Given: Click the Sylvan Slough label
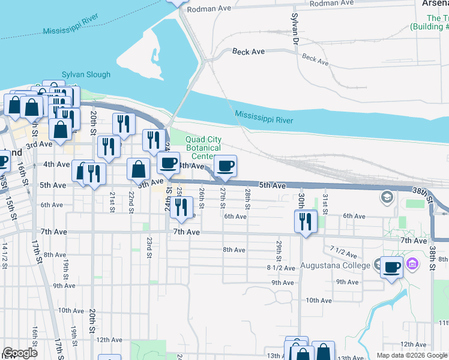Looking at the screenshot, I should pyautogui.click(x=86, y=75).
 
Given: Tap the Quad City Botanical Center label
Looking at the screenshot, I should pyautogui.click(x=203, y=148).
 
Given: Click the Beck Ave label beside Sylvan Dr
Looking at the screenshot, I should pyautogui.click(x=249, y=52).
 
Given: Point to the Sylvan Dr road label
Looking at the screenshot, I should pyautogui.click(x=295, y=31).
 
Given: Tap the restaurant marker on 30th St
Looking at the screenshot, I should pyautogui.click(x=306, y=221).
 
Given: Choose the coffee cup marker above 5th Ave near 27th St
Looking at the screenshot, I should pyautogui.click(x=225, y=166).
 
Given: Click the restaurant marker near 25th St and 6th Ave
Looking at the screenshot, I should pyautogui.click(x=181, y=207).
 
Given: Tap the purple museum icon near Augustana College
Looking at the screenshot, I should pyautogui.click(x=412, y=263).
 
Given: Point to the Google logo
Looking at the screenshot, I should pyautogui.click(x=20, y=353).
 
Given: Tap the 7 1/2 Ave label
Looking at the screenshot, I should pyautogui.click(x=343, y=248).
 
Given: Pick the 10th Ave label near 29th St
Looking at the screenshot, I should pyautogui.click(x=319, y=301).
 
